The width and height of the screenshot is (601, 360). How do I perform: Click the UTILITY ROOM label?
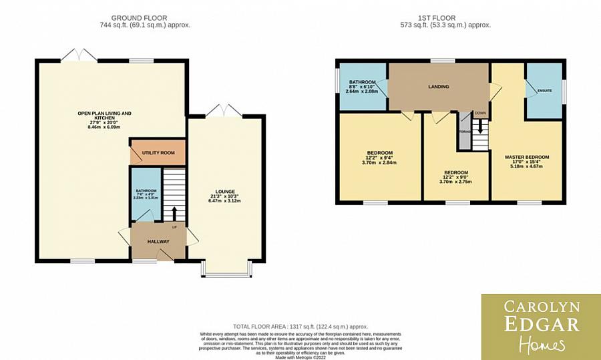point(158,153)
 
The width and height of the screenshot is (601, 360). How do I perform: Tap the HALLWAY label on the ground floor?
point(158,241)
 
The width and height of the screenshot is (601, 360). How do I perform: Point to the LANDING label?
point(439,87)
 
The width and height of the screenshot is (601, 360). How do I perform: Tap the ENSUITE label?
point(545,90)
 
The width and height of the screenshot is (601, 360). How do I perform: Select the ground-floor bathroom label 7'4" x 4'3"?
point(146,194)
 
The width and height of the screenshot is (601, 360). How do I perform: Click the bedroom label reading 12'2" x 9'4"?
point(379,157)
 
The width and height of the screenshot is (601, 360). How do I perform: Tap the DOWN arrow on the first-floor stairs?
point(480,126)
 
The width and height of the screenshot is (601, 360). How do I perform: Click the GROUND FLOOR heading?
point(140,18)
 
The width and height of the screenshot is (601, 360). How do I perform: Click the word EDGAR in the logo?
point(540,326)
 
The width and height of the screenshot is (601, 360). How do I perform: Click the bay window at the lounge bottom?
point(227,271)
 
